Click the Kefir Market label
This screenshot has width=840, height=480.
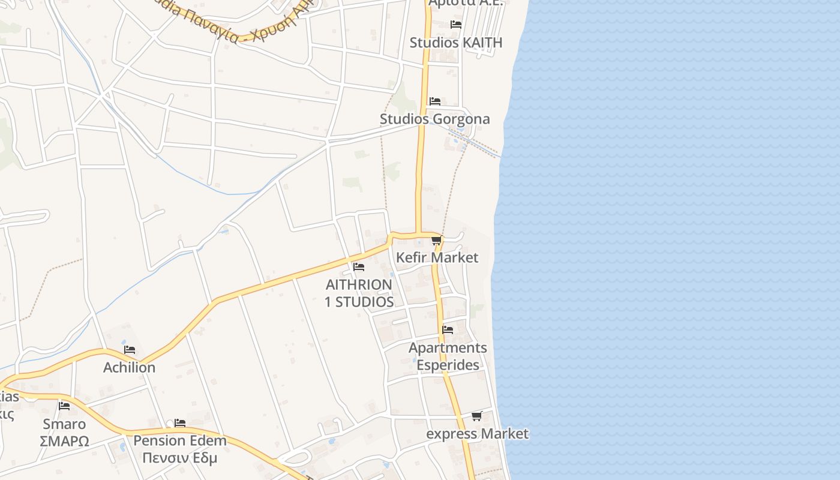(x=437, y=257)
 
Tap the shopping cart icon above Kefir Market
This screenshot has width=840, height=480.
(x=436, y=241)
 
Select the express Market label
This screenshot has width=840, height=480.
(x=478, y=433)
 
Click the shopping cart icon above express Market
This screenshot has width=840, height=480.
(x=476, y=416)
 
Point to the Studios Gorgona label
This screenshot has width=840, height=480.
(x=435, y=119)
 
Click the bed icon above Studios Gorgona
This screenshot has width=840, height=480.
(x=435, y=101)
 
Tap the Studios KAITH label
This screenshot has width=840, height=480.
(x=456, y=43)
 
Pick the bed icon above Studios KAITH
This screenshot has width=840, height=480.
(x=456, y=25)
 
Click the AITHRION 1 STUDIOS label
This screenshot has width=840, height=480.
(x=359, y=293)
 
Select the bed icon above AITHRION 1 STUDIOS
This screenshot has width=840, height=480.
(x=359, y=266)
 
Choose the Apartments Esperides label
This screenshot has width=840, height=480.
(x=448, y=356)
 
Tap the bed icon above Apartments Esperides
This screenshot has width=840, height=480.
(x=448, y=329)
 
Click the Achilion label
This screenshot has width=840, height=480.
(x=129, y=367)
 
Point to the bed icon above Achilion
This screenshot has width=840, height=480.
(x=129, y=350)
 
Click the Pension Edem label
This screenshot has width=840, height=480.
(x=180, y=440)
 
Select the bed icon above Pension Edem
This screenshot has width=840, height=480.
(x=179, y=423)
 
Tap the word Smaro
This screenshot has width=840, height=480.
(x=64, y=424)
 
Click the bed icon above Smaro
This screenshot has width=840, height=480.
(x=64, y=406)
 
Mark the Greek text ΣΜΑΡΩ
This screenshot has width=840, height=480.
(x=64, y=442)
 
